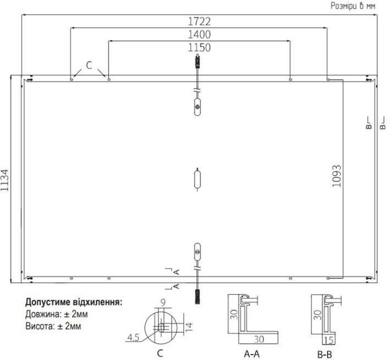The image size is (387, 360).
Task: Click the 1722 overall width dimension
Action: [x=199, y=22]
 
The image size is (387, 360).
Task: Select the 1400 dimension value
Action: [x=199, y=35]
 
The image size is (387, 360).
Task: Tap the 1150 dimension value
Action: [x=199, y=47]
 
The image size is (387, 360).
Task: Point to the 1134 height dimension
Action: [x=5, y=180]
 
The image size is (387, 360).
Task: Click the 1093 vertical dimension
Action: [x=337, y=176]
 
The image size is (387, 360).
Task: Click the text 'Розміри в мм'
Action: [x=353, y=5]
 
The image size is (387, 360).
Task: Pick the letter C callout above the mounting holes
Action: [x=89, y=65]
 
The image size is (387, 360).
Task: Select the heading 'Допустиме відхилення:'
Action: [x=74, y=302]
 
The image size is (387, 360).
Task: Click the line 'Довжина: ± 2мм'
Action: [x=56, y=314]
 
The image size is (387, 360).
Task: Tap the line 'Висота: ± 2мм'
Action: [x=53, y=326]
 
